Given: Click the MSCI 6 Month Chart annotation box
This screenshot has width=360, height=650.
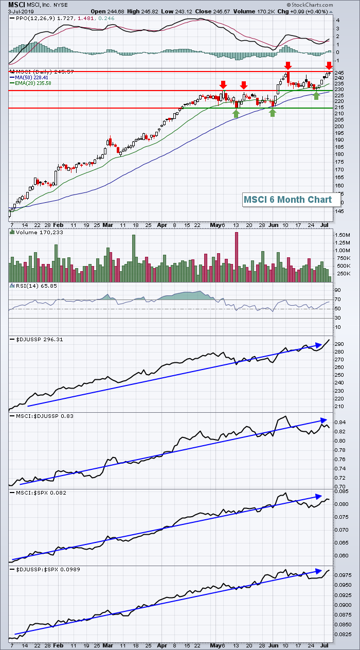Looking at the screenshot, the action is pos(291,200).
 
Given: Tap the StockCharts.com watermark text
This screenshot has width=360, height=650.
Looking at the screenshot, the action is pos(310,5).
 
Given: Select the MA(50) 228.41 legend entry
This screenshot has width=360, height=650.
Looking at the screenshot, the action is pos(29,78).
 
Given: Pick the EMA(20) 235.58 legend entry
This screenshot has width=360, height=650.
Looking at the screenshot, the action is pos(30,83).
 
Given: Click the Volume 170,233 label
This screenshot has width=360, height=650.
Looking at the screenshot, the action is pos(37,233).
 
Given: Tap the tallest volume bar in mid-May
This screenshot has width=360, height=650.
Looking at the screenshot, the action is pos(237,257).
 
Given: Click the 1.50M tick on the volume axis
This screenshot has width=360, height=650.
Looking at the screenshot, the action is pos(343,235).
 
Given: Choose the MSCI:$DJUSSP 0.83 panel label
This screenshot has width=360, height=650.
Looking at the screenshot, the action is pos(42,416).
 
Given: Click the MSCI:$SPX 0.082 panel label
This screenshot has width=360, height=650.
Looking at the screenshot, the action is pos(38,493).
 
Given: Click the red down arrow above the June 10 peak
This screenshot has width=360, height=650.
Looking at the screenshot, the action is pos(288,65).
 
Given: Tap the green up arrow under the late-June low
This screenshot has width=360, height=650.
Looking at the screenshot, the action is pos(316,96).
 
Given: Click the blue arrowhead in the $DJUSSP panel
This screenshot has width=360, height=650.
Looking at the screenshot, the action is pos(319,345).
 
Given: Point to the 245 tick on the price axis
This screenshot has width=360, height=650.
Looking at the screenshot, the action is pos(340,73).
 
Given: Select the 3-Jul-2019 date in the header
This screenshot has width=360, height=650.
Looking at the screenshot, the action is pos(21,12).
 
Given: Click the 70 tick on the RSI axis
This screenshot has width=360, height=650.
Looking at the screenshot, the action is pos(338,300).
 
